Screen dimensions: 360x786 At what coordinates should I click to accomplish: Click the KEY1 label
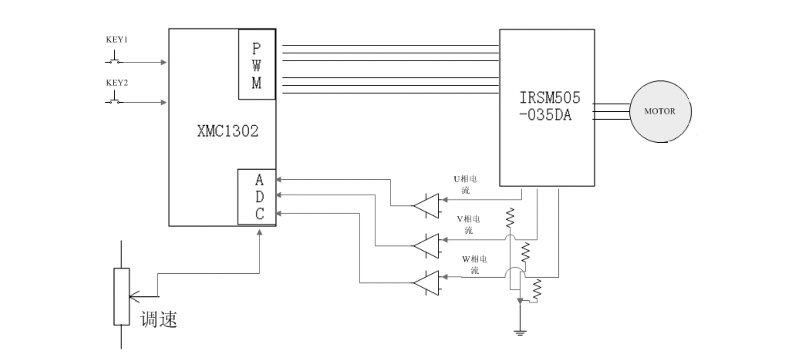click(117, 40)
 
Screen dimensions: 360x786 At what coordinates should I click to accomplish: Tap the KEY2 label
click(117, 83)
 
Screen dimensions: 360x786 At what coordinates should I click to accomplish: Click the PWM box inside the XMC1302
click(257, 65)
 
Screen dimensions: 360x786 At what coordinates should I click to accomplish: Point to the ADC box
click(257, 197)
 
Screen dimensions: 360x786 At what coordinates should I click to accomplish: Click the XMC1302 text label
click(228, 131)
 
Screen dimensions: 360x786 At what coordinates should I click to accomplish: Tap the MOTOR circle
click(660, 111)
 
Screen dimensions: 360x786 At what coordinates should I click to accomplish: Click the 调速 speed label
click(159, 319)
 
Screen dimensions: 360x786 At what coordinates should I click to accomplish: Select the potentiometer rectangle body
click(122, 296)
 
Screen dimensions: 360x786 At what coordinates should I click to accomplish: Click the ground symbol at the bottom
click(520, 332)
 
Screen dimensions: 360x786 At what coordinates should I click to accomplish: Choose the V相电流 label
click(468, 225)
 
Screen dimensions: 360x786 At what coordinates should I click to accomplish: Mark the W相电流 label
click(474, 265)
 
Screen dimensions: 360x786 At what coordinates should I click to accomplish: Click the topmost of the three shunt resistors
click(510, 217)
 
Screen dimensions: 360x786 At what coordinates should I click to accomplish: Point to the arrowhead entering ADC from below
click(260, 232)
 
